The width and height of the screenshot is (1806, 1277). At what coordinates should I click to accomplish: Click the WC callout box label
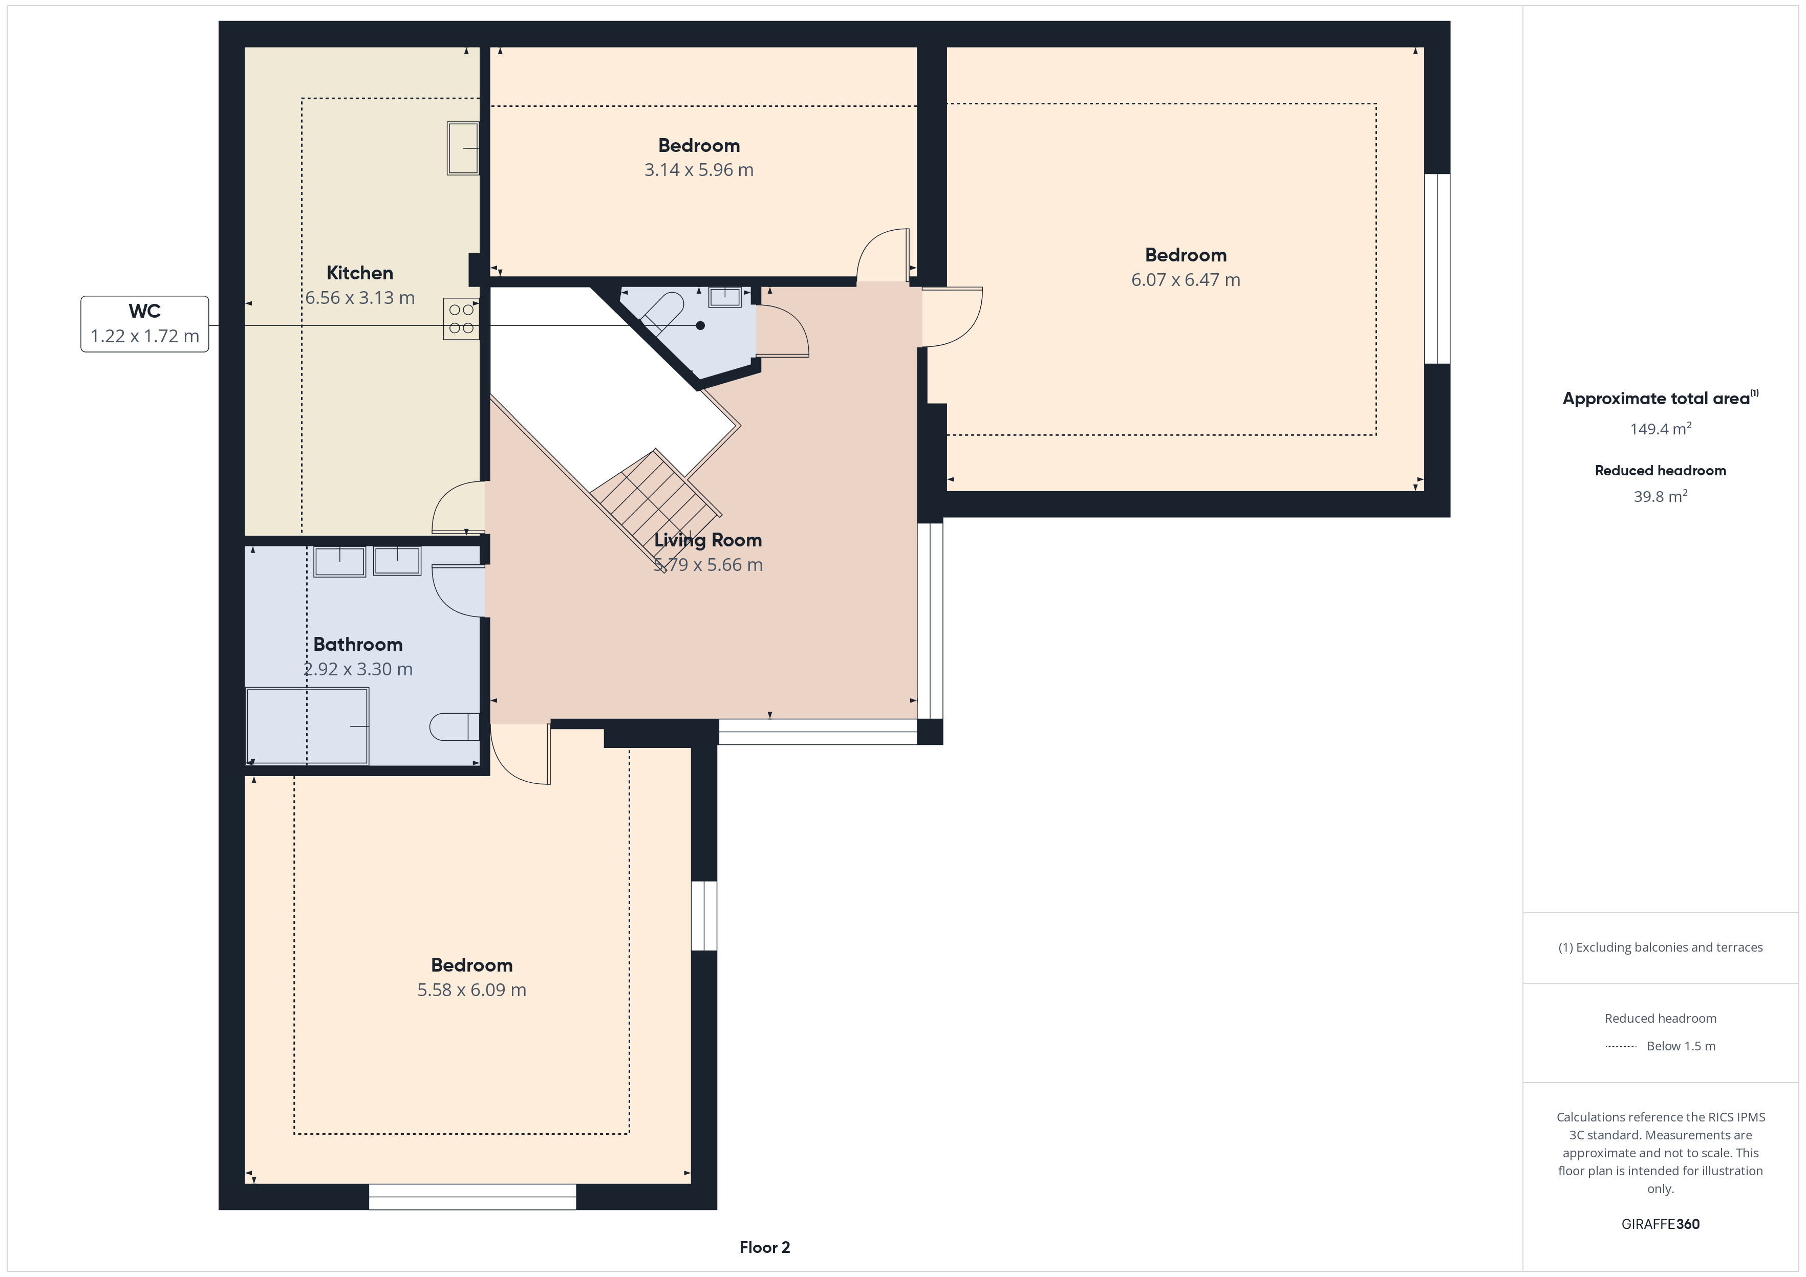[145, 312]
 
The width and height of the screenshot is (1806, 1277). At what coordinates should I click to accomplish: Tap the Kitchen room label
[359, 273]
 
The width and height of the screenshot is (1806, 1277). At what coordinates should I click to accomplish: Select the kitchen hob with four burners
[461, 318]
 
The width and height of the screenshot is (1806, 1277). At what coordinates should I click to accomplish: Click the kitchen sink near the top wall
[463, 148]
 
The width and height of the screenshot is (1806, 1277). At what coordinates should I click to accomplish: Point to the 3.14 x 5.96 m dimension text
[698, 170]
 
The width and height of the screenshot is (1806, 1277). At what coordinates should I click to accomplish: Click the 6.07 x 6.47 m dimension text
[1186, 280]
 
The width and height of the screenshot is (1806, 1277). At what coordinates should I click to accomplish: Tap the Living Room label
[708, 540]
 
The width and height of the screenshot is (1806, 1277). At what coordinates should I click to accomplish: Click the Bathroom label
[358, 645]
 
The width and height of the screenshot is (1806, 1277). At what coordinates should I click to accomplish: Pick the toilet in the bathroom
[454, 726]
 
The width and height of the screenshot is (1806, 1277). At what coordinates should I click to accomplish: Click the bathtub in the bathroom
[308, 726]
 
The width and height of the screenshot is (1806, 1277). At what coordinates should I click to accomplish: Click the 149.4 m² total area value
[1661, 429]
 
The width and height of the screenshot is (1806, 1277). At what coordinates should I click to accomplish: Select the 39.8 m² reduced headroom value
[1661, 496]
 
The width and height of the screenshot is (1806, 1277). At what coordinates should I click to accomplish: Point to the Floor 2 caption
[765, 1247]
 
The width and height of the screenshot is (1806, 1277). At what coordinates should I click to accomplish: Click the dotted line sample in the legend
[1620, 1047]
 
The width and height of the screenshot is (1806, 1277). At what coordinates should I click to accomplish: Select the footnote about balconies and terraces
[1661, 948]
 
